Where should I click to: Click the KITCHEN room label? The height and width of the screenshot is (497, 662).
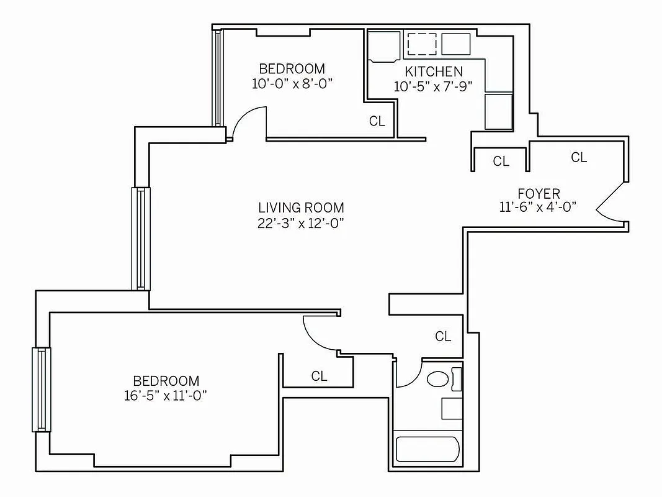pyautogui.click(x=434, y=71)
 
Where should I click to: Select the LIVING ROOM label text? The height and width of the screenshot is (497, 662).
pyautogui.click(x=301, y=207)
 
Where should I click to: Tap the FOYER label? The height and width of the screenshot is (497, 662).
pyautogui.click(x=539, y=193)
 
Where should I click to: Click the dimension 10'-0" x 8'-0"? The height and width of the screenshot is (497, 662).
pyautogui.click(x=292, y=83)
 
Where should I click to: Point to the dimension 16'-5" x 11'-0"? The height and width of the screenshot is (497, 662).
pyautogui.click(x=165, y=396)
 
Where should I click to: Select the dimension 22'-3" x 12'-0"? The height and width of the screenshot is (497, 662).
pyautogui.click(x=301, y=224)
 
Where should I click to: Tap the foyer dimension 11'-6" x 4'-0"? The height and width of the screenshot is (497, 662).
pyautogui.click(x=539, y=207)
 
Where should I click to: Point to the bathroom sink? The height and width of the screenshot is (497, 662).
pyautogui.click(x=452, y=408)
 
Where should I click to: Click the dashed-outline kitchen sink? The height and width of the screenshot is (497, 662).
pyautogui.click(x=422, y=43)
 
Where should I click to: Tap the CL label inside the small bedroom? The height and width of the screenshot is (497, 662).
pyautogui.click(x=377, y=121)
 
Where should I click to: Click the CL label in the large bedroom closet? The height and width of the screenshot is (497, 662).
pyautogui.click(x=319, y=376)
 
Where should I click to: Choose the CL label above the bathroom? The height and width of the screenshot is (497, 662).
pyautogui.click(x=442, y=337)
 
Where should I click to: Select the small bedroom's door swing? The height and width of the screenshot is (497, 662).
pyautogui.click(x=249, y=122)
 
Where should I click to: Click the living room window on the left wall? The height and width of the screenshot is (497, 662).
pyautogui.click(x=141, y=239)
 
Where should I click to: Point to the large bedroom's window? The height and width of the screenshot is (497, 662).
pyautogui.click(x=42, y=390)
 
